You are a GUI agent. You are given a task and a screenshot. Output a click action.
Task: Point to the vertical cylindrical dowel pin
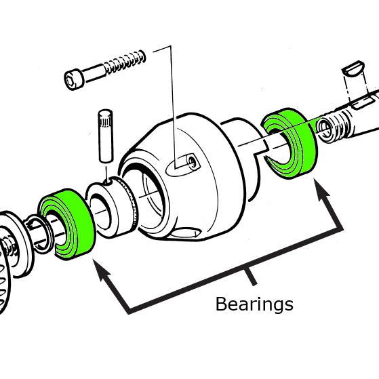105,136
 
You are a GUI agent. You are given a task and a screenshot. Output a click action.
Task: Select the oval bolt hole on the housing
183,164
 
